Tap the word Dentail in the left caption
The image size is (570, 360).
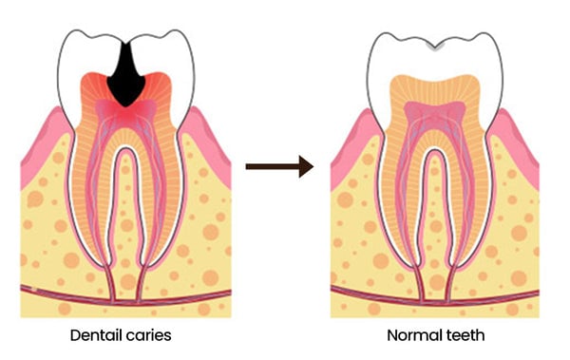pyautogui.click(x=96, y=335)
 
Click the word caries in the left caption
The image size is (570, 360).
pyautogui.click(x=149, y=335)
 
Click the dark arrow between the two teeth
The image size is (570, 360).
pyautogui.click(x=279, y=166)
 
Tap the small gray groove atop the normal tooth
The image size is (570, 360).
pyautogui.click(x=435, y=47)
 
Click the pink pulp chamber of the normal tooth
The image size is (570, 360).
pyautogui.click(x=435, y=113)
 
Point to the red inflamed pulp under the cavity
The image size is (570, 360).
pyautogui.click(x=125, y=113)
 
